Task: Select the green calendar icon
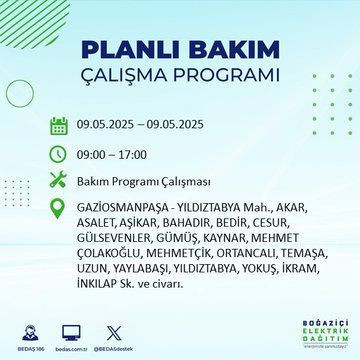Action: tap(58, 124)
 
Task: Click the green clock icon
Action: tap(58, 155)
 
